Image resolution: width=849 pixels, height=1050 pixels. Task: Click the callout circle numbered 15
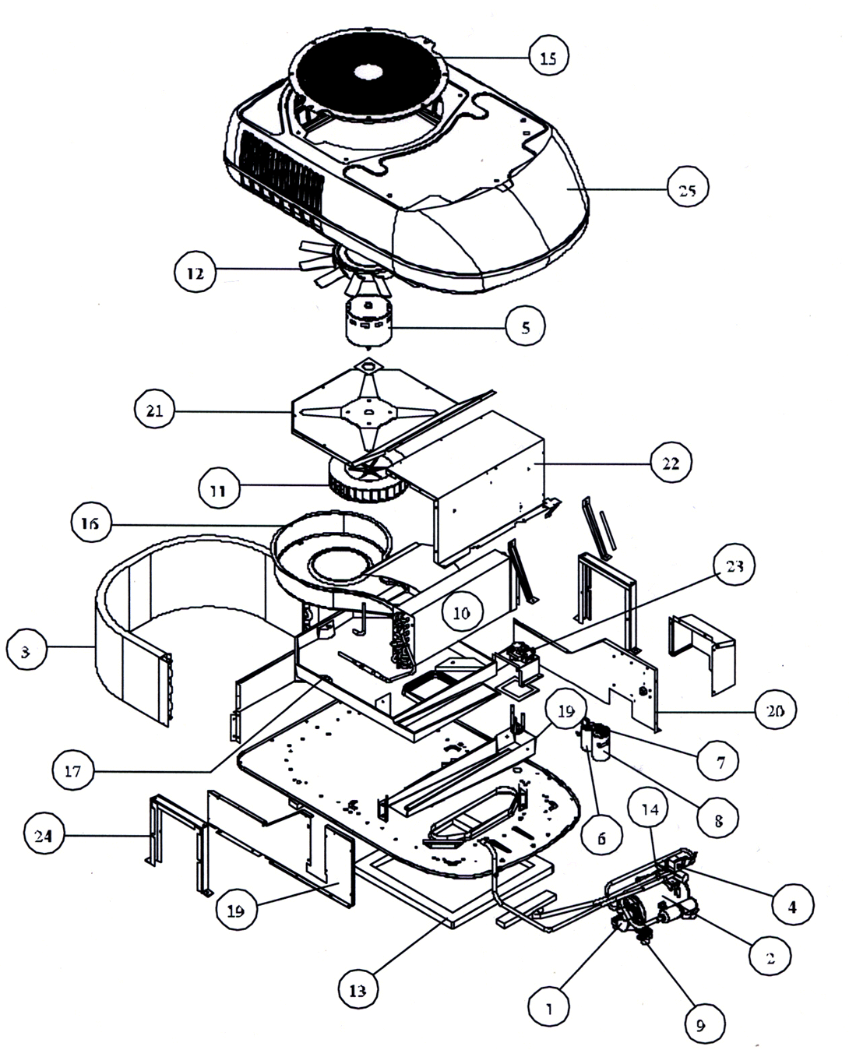pyautogui.click(x=548, y=57)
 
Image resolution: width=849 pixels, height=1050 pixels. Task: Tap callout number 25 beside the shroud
pyautogui.click(x=688, y=189)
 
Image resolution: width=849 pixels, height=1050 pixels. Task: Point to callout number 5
pyautogui.click(x=525, y=328)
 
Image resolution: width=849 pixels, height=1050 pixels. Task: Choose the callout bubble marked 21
pyautogui.click(x=154, y=410)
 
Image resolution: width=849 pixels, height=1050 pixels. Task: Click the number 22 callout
pyautogui.click(x=671, y=463)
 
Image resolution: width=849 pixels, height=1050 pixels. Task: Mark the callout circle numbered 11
pyautogui.click(x=218, y=491)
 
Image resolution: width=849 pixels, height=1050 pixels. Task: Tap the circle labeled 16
pyautogui.click(x=90, y=523)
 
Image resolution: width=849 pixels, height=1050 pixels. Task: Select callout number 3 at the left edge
pyautogui.click(x=26, y=651)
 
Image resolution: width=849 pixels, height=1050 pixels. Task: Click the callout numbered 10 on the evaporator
pyautogui.click(x=462, y=612)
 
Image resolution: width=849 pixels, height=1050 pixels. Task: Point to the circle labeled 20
pyautogui.click(x=775, y=710)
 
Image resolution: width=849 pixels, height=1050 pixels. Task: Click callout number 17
pyautogui.click(x=73, y=771)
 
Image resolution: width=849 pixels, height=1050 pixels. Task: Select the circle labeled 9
pyautogui.click(x=700, y=1025)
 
